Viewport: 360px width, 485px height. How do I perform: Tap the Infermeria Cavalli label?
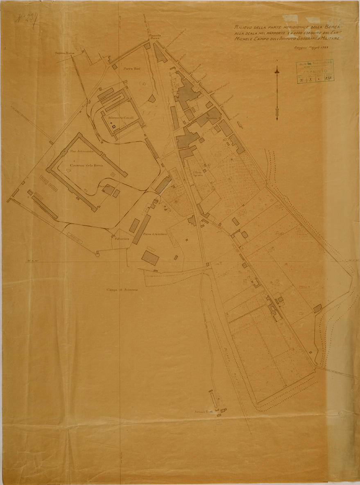tap(118, 118)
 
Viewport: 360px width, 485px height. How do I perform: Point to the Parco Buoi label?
tap(132, 69)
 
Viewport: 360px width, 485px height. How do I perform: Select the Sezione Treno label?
tap(65, 54)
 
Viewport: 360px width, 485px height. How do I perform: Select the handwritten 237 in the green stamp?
tap(328, 77)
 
